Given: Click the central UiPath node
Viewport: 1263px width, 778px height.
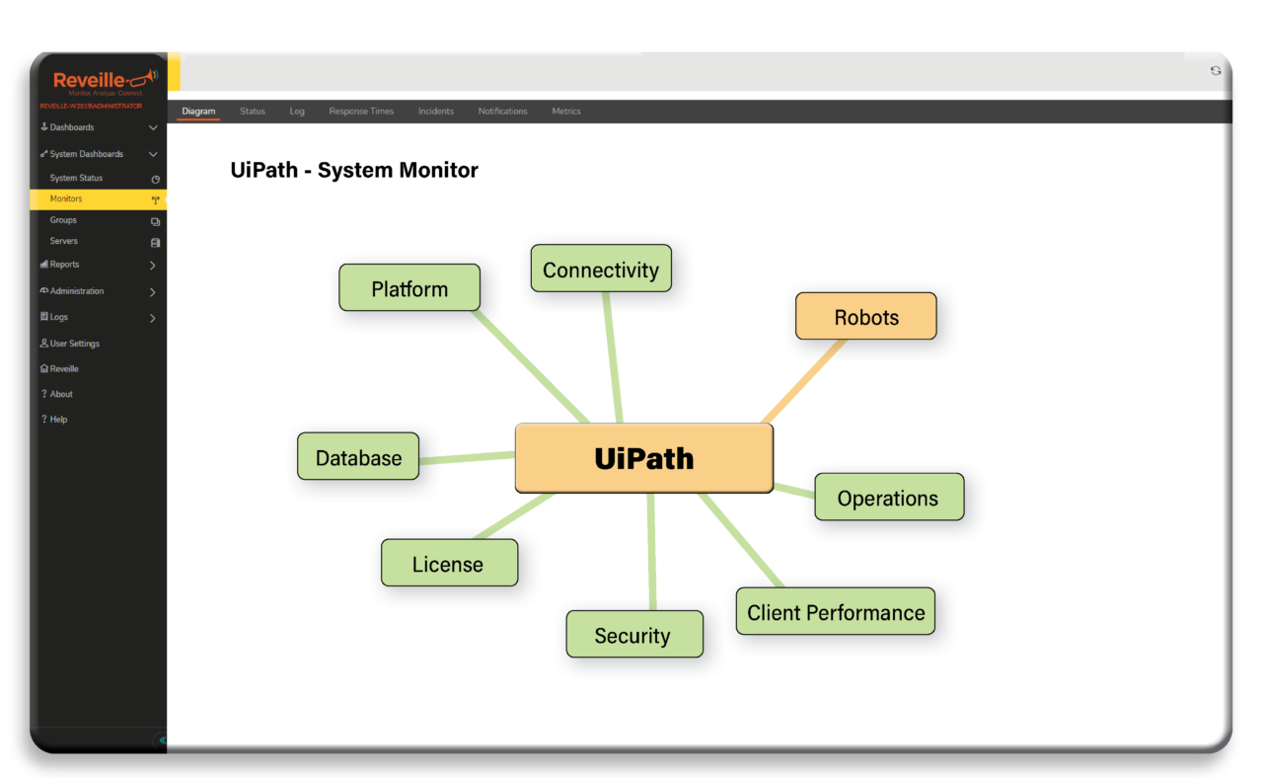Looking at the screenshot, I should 643,458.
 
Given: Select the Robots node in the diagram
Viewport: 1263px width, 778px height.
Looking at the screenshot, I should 865,317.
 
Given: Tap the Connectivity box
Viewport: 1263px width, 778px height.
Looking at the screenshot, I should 600,270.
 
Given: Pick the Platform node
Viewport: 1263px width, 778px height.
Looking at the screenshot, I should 409,288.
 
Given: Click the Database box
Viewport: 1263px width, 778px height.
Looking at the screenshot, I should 358,457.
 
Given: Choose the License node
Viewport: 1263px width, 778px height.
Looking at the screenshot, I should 449,564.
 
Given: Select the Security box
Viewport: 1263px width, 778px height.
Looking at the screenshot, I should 633,635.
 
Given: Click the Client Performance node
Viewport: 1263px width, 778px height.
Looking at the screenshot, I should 835,612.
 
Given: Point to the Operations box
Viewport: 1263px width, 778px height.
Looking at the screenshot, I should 888,498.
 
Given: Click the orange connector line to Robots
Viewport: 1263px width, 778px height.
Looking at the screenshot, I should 804,380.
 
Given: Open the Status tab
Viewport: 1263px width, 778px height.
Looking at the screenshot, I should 253,112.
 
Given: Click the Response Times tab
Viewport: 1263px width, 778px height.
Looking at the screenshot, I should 361,112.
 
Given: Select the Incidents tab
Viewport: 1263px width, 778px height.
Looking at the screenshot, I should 435,112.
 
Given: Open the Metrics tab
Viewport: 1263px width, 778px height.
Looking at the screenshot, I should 566,112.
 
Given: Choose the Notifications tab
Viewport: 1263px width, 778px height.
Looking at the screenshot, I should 502,112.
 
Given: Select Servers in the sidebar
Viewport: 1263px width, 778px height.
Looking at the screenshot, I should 64,241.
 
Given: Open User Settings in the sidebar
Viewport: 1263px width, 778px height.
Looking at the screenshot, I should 74,344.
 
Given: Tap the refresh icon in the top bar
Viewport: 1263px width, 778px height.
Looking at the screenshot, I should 1216,71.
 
